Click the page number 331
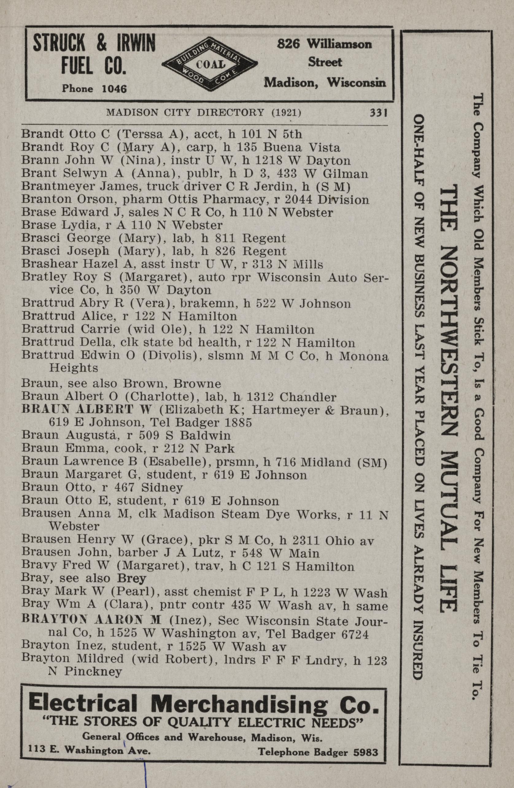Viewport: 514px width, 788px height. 378,113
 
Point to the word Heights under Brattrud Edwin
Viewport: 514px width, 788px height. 73,368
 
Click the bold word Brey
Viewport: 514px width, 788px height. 131,578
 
